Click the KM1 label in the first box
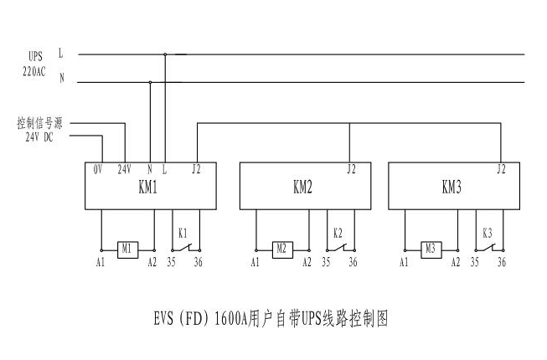(x=147, y=188)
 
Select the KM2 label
(x=302, y=188)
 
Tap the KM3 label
(x=452, y=188)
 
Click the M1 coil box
(x=127, y=249)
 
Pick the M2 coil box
(x=281, y=249)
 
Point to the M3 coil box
(x=431, y=249)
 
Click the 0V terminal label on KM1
(x=98, y=169)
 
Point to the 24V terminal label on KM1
(x=124, y=169)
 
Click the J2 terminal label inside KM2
(x=351, y=169)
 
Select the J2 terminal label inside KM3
(x=501, y=169)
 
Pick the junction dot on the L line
(x=165, y=55)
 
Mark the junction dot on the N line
(x=150, y=82)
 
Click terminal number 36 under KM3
(x=502, y=263)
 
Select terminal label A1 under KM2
(x=255, y=263)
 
